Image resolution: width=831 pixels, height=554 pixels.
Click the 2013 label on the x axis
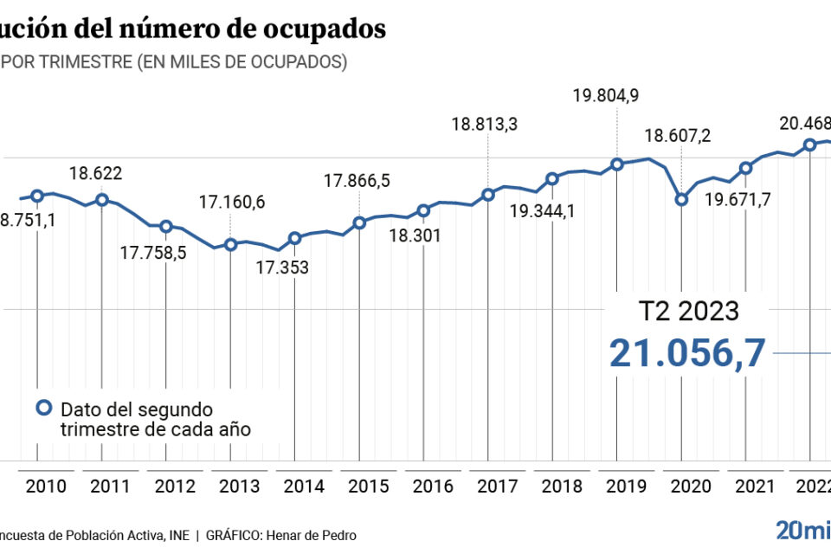[x=239, y=486]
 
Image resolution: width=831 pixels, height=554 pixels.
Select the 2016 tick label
[x=433, y=486]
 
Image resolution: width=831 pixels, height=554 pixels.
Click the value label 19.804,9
[x=606, y=96]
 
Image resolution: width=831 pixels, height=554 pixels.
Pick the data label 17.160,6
[x=232, y=203]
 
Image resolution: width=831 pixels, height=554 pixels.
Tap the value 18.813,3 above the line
[x=485, y=124]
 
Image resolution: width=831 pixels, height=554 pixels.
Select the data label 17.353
[x=282, y=267]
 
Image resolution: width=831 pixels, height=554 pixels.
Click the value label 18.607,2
[x=679, y=136]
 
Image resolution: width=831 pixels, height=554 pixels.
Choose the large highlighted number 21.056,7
[x=687, y=353]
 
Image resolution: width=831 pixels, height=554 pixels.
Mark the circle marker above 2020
[x=681, y=199]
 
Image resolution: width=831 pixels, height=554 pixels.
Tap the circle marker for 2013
[x=230, y=244]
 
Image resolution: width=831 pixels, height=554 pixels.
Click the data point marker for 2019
[x=616, y=164]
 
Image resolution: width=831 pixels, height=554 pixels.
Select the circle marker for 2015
[x=359, y=222]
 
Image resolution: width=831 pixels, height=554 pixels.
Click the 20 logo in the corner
[x=790, y=530]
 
